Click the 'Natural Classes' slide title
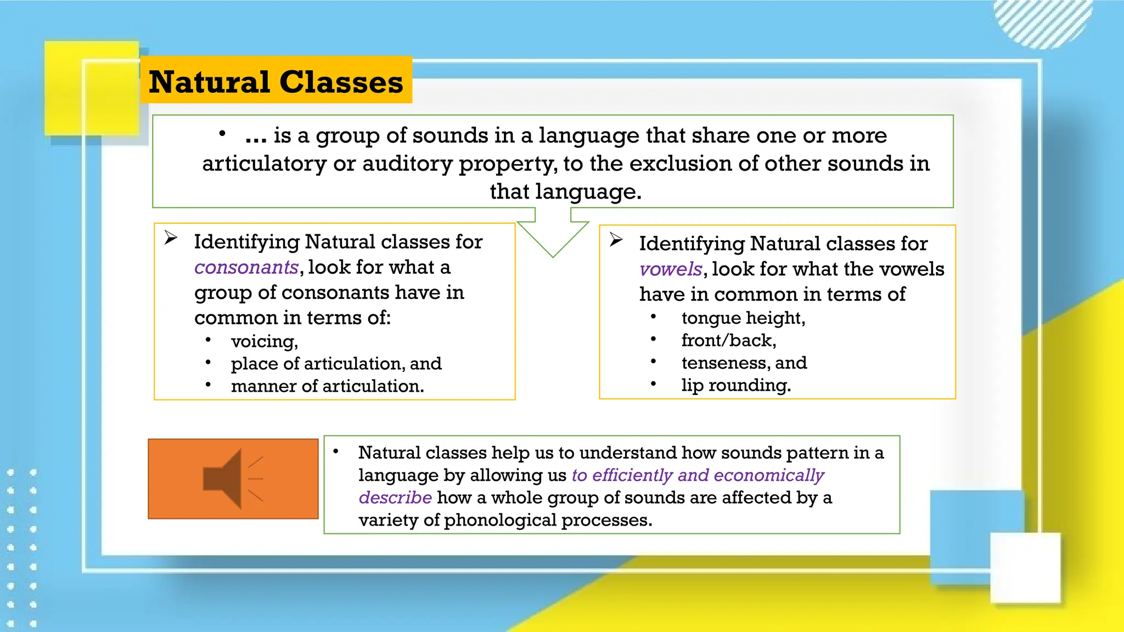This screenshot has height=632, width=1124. point(276,82)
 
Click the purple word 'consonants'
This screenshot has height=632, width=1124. point(246,267)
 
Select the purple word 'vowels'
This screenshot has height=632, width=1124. point(671,269)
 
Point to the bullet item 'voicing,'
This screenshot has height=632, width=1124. point(264,341)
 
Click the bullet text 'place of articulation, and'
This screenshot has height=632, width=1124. point(336,363)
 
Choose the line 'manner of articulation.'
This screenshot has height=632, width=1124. point(327,386)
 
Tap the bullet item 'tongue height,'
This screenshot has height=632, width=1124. point(743,318)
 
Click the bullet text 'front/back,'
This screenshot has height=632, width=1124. point(728,340)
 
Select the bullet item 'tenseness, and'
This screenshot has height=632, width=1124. point(744,363)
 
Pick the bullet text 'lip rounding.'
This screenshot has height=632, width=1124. point(736,385)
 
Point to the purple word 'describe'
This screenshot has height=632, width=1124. point(395,498)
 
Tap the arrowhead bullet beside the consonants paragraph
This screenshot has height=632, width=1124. point(171,238)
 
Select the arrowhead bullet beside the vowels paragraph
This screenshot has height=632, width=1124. point(616,240)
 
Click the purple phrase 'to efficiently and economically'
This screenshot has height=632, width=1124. point(698,475)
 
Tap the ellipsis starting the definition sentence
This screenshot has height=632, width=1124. point(256,136)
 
